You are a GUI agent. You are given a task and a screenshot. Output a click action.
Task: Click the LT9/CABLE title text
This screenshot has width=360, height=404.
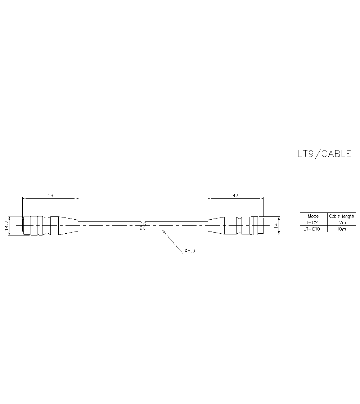coord(324,154)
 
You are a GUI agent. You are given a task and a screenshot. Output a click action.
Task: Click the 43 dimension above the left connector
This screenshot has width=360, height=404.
coord(50,195)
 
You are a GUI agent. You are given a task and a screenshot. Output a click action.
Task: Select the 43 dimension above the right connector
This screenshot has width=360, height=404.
coord(235,195)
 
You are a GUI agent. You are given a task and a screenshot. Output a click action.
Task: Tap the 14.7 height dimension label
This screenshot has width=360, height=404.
coord(6,226)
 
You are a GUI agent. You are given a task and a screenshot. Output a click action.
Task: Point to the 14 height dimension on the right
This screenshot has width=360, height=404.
coord(276,226)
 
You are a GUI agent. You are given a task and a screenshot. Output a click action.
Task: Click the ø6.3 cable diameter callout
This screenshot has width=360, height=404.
coord(190,251)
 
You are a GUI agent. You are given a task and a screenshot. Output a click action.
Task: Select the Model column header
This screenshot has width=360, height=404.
coord(314,216)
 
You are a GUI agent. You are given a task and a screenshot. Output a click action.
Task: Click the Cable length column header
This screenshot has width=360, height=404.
coord(342,216)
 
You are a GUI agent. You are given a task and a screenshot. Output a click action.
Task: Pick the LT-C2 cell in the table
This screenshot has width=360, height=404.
coord(311,223)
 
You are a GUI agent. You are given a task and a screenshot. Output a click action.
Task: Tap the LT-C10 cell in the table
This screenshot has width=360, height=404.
coord(312,229)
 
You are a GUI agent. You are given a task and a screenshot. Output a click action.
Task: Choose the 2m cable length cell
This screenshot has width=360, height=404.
coord(342,223)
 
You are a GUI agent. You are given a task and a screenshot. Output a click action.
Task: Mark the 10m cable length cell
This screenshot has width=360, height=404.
coord(342,229)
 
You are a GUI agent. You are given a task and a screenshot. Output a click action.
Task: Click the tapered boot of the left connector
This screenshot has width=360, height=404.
coord(68,225)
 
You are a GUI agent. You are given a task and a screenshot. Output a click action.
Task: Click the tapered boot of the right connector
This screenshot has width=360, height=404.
coord(216,225)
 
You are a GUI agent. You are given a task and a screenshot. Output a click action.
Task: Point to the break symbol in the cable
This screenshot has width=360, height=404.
coord(143,225)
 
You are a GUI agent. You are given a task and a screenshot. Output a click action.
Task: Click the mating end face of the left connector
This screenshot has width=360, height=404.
coord(23,226)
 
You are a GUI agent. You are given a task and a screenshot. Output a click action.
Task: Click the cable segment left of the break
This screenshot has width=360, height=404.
coord(108,225)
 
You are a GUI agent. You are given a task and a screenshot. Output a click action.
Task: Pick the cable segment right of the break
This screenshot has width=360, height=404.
coord(176,225)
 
